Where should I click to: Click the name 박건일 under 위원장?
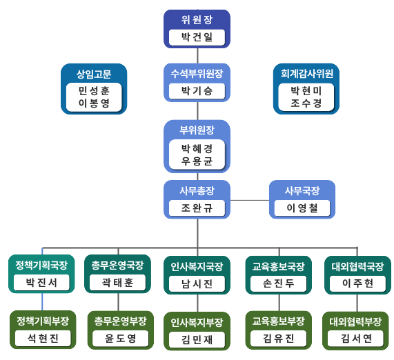tap(197, 37)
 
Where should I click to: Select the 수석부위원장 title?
tap(197, 73)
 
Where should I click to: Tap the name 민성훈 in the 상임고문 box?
tap(94, 91)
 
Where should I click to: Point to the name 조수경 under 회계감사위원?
tap(306, 103)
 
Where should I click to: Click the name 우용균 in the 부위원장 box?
tap(197, 161)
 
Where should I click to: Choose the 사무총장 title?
tap(197, 190)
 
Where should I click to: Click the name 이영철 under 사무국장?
tap(302, 208)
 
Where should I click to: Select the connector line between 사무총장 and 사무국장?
tap(250, 201)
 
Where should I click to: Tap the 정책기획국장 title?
tap(41, 265)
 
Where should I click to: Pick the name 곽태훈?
tap(117, 283)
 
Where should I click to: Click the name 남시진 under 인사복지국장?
tap(197, 284)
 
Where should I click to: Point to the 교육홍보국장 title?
tap(278, 266)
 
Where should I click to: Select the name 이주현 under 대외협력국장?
tap(357, 283)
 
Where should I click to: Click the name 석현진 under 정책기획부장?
tap(43, 339)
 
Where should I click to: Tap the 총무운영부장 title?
tap(120, 321)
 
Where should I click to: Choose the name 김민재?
tap(197, 339)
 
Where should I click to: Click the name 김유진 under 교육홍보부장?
tap(278, 339)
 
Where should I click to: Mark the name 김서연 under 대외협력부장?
tap(356, 339)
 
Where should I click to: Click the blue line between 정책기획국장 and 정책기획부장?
tap(42, 301)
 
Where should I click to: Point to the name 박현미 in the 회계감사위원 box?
tap(306, 91)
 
